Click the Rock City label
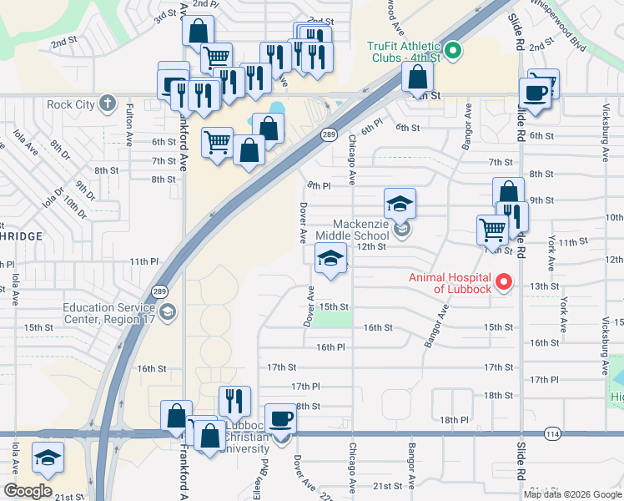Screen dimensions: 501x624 click(x=70, y=104)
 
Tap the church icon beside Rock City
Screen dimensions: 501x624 click(x=106, y=104)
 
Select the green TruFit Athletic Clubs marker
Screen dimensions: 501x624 click(x=453, y=51)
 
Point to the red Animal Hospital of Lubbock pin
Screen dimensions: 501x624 click(x=503, y=283)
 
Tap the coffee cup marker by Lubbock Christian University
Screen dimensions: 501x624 click(x=280, y=417)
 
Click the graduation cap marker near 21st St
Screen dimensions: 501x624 click(x=48, y=457)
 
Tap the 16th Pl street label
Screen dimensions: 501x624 click(x=330, y=347)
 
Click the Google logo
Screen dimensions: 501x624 click(x=28, y=491)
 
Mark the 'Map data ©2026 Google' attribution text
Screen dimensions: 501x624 click(x=573, y=494)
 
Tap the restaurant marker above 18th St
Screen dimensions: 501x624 click(x=235, y=401)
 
